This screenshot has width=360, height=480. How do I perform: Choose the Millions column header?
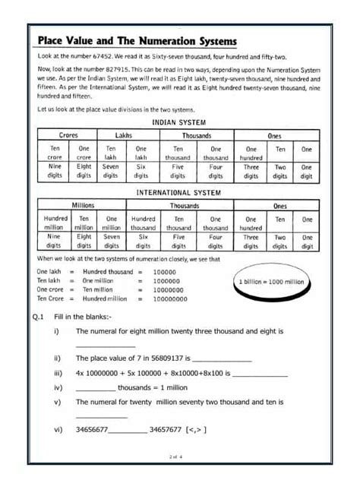coord(82,206)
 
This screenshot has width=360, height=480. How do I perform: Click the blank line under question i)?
coord(105,346)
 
